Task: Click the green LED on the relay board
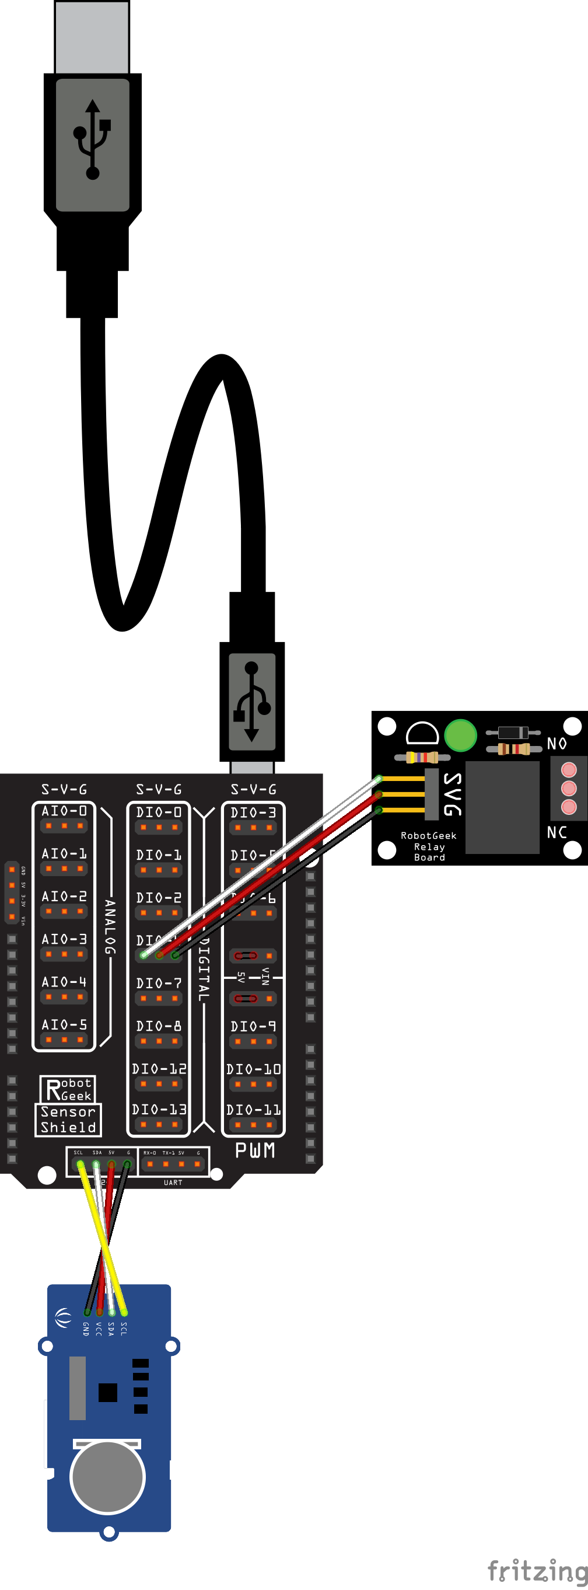[x=460, y=735]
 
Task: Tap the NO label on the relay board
[x=556, y=744]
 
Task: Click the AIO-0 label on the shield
[x=64, y=811]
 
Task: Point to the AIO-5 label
[x=64, y=1024]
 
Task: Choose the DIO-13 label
[x=159, y=1110]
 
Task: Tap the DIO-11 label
[x=253, y=1110]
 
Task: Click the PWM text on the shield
[x=255, y=1150]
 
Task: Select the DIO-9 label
[x=253, y=1027]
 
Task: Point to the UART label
[x=173, y=1183]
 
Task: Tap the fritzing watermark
[x=537, y=1571]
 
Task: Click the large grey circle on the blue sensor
[x=108, y=1477]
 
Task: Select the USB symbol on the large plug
[x=93, y=140]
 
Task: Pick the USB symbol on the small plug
[x=252, y=701]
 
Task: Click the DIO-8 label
[x=159, y=1026]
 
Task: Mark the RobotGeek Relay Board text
[x=429, y=846]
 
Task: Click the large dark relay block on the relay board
[x=502, y=807]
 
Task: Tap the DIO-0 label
[x=159, y=813]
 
